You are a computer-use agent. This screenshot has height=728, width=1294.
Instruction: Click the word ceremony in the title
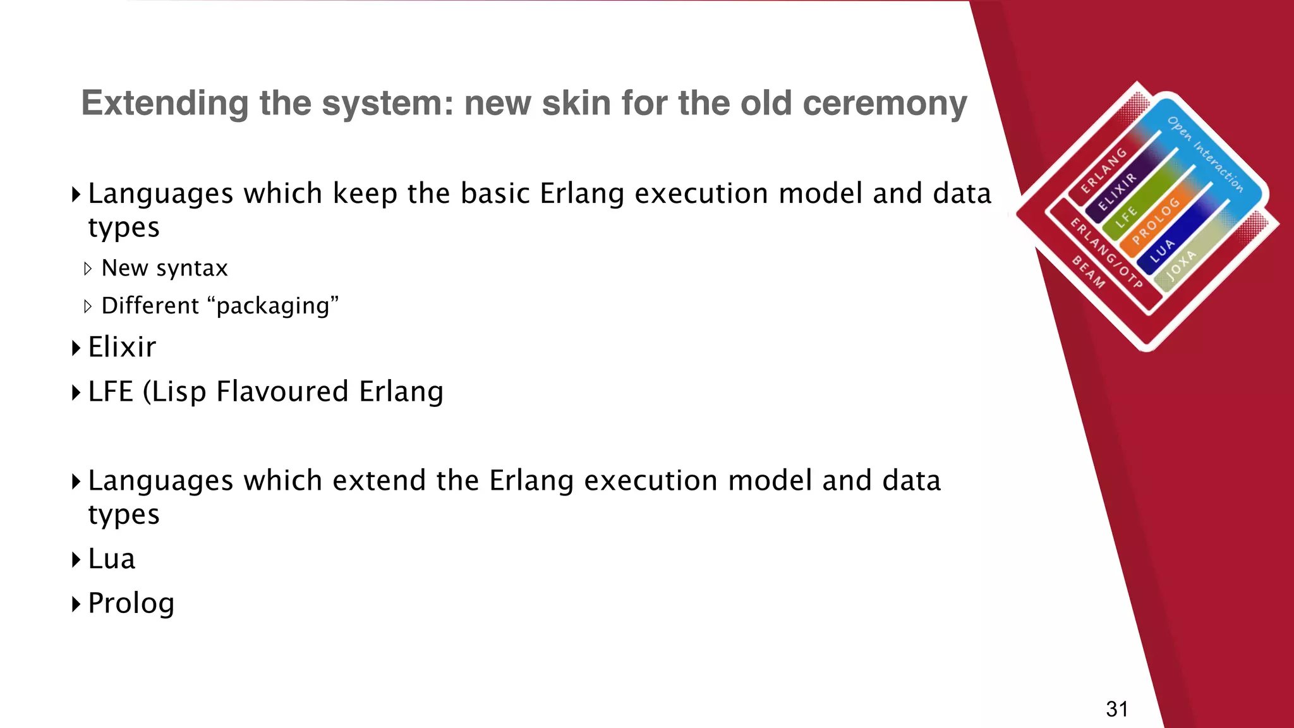pos(885,104)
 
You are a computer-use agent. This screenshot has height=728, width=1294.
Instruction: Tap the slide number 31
pos(1116,709)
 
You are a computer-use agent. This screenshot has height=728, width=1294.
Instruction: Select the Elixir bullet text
pos(122,347)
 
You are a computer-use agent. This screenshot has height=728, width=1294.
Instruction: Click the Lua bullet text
pos(112,559)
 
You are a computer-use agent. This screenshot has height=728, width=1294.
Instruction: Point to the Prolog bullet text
pos(131,604)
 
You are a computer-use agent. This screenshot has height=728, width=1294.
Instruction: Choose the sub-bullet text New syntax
pos(164,269)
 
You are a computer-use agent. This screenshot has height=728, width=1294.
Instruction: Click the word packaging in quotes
pos(273,306)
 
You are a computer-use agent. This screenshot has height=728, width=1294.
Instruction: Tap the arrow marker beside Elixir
pos(76,348)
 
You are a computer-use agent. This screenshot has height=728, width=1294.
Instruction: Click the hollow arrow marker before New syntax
pos(88,269)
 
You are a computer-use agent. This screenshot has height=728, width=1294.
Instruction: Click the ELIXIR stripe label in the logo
pos(1117,191)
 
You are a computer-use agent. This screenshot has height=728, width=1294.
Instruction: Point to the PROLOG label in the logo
pos(1156,221)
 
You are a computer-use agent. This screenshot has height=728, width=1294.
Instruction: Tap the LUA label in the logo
pos(1162,251)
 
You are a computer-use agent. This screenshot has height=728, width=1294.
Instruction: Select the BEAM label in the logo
pos(1088,272)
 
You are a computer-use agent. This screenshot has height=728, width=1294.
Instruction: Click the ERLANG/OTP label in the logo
pos(1106,253)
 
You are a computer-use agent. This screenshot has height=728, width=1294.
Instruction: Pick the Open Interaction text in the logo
pos(1205,154)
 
